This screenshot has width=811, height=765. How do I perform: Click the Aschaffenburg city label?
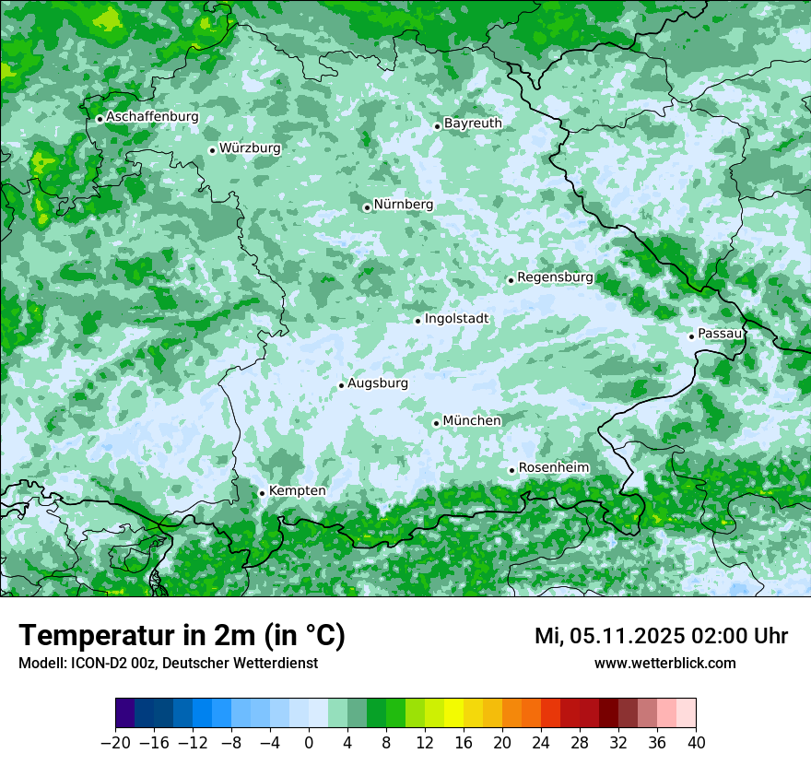(x=152, y=117)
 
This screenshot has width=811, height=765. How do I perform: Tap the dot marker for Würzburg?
(x=212, y=150)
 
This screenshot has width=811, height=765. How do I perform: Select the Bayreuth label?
(x=473, y=123)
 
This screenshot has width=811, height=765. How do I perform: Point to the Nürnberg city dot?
(x=367, y=207)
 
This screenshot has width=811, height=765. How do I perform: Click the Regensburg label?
(x=555, y=277)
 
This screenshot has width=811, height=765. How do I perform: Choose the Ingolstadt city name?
(x=456, y=319)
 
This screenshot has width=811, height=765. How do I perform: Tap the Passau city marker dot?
(x=691, y=336)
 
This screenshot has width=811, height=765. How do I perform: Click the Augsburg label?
(x=378, y=382)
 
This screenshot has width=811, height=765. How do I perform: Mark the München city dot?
(x=436, y=423)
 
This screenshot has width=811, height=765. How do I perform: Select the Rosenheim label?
(x=554, y=467)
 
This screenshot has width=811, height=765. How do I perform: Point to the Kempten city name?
(x=297, y=490)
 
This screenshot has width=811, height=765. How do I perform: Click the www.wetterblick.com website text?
(x=664, y=663)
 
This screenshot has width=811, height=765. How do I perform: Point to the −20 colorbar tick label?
(x=114, y=743)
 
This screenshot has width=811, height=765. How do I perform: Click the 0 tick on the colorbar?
(x=309, y=743)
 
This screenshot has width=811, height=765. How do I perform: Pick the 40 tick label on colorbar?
(x=696, y=743)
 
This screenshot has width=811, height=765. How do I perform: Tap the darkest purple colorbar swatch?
(x=124, y=713)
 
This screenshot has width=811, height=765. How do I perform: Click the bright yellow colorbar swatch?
(x=453, y=713)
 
